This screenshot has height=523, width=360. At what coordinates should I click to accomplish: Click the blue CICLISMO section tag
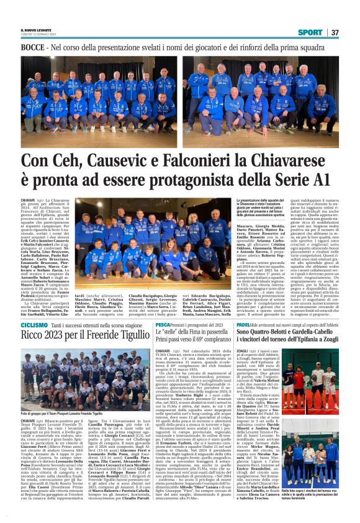click(x=34, y=325)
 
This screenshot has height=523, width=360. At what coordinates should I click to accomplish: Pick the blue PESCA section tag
click(x=163, y=325)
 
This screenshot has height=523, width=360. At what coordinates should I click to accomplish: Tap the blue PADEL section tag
click(x=260, y=325)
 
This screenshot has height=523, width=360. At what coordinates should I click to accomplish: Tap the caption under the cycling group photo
click(x=59, y=412)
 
